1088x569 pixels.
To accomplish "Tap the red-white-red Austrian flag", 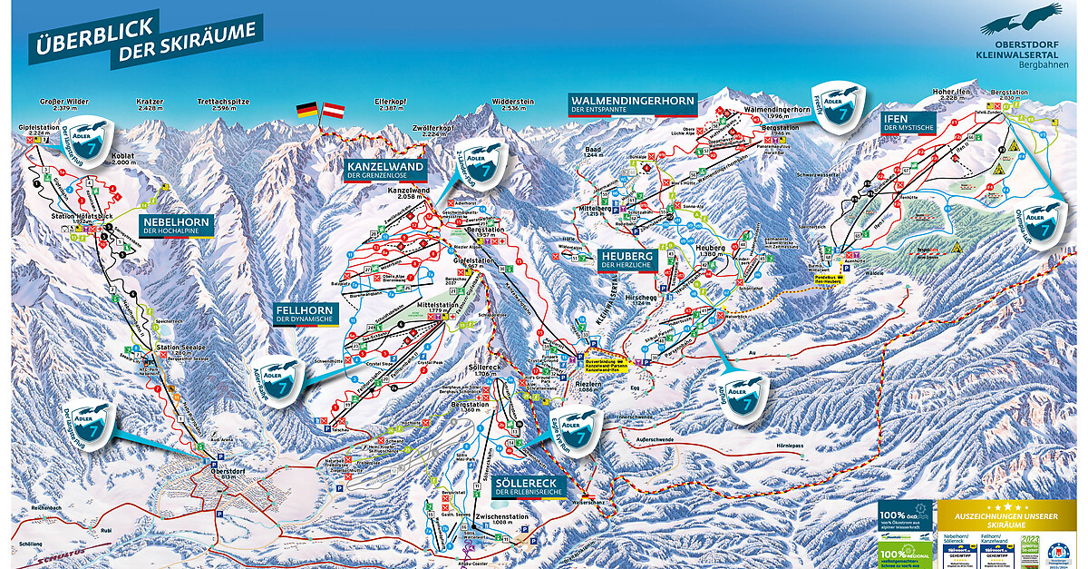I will (x=335, y=111).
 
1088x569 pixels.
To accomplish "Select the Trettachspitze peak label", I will (x=223, y=102).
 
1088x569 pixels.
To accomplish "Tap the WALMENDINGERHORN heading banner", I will (x=632, y=100).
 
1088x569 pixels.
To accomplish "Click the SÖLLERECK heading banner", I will (x=529, y=483).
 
